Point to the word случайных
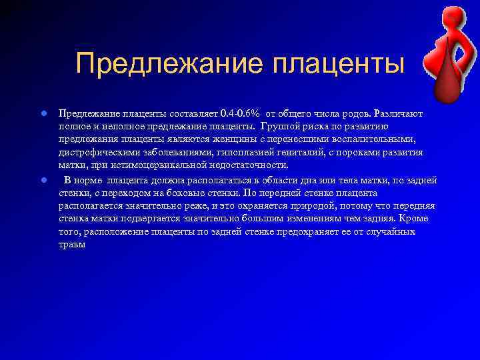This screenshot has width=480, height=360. [387, 231]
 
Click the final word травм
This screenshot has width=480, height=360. [72, 244]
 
